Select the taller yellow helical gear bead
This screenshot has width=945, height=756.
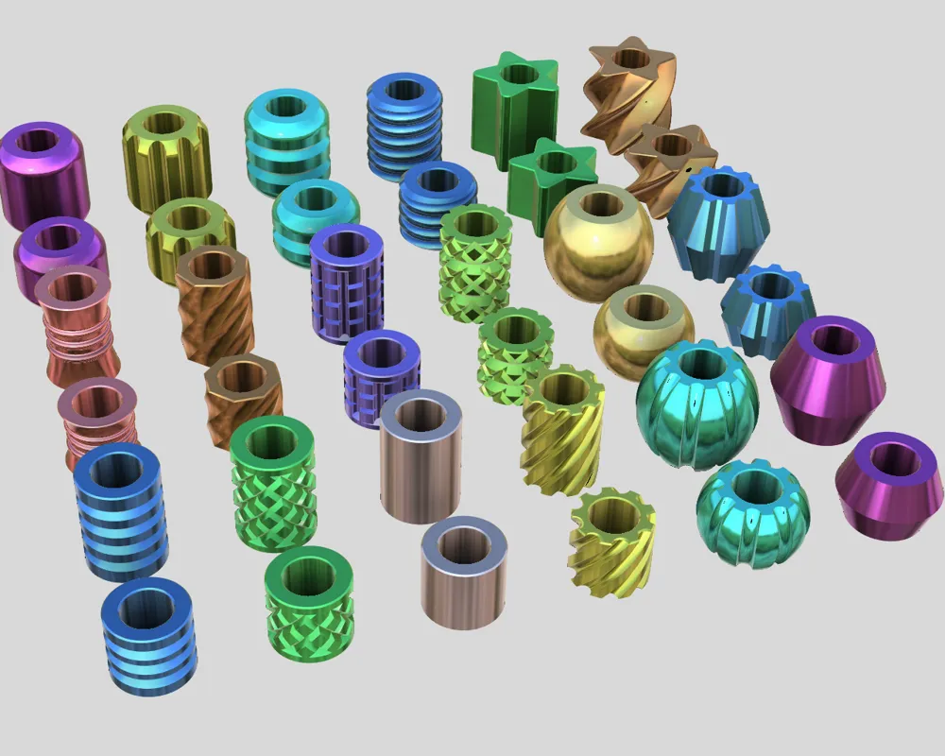tap(563, 430)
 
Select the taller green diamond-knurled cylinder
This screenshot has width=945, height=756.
tap(273, 482)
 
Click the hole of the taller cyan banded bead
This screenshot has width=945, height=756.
tap(286, 106)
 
